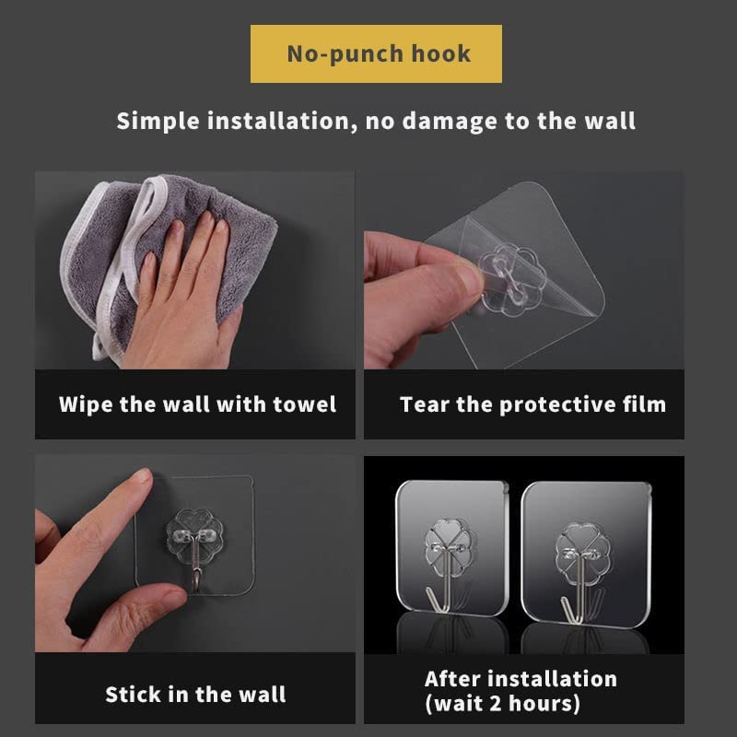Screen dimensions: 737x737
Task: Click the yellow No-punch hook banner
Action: pyautogui.click(x=376, y=53)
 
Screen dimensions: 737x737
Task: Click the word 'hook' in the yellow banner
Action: pyautogui.click(x=441, y=53)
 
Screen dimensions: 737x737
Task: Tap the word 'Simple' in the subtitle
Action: pyautogui.click(x=158, y=122)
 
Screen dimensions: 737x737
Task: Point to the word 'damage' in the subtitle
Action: pyautogui.click(x=450, y=122)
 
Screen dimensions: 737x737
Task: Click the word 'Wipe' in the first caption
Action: pyautogui.click(x=86, y=404)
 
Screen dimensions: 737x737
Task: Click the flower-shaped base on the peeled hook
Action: pyautogui.click(x=512, y=279)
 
